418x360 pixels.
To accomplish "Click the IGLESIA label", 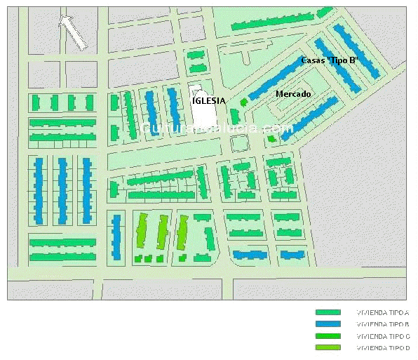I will click(x=209, y=100).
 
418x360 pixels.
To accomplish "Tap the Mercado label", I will click(x=293, y=94).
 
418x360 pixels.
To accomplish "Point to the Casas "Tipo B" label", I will click(x=329, y=60).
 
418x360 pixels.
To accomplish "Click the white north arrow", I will click(x=73, y=32).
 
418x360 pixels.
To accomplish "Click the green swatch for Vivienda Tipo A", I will click(x=328, y=312).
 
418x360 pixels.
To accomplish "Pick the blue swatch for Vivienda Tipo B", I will click(x=328, y=324).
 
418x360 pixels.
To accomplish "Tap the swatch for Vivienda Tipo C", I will click(x=328, y=336).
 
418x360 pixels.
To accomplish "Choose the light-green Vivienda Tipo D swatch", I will click(x=328, y=347).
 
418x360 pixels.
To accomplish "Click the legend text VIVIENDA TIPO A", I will click(x=383, y=312).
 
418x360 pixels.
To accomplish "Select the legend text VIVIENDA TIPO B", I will click(x=383, y=324).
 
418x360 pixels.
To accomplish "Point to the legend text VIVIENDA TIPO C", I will click(x=383, y=336).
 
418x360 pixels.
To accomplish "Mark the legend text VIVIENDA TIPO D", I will click(x=383, y=347).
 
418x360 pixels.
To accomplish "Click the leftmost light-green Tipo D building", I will click(x=142, y=232).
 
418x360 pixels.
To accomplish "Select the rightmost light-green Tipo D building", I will click(x=182, y=232).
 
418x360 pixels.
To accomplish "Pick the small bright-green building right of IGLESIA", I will click(x=244, y=102).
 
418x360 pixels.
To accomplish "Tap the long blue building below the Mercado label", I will click(x=310, y=114).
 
